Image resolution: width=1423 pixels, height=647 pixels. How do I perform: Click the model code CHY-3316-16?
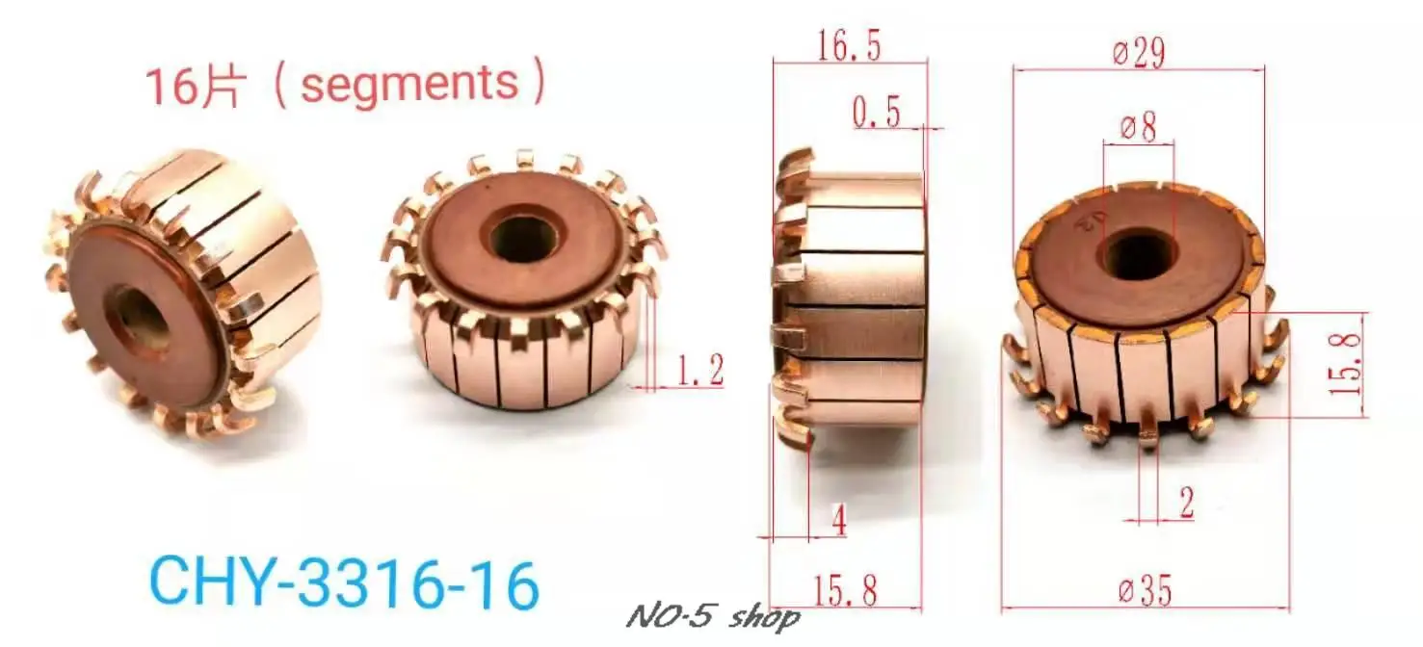tap(344, 584)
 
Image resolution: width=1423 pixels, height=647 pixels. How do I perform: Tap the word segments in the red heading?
tap(408, 84)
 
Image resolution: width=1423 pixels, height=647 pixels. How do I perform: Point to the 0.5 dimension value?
tap(876, 114)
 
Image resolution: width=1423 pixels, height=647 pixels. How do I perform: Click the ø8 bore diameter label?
tap(1138, 127)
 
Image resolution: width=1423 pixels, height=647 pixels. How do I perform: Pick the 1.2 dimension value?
tap(700, 370)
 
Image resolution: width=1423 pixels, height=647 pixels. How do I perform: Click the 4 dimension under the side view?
tap(838, 522)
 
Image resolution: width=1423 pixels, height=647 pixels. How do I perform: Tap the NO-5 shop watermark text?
tap(712, 616)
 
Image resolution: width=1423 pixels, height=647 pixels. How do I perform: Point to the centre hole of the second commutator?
tap(521, 237)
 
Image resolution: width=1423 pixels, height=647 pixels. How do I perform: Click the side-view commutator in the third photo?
tap(848, 298)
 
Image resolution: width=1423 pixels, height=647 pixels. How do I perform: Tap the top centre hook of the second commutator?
tap(524, 161)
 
